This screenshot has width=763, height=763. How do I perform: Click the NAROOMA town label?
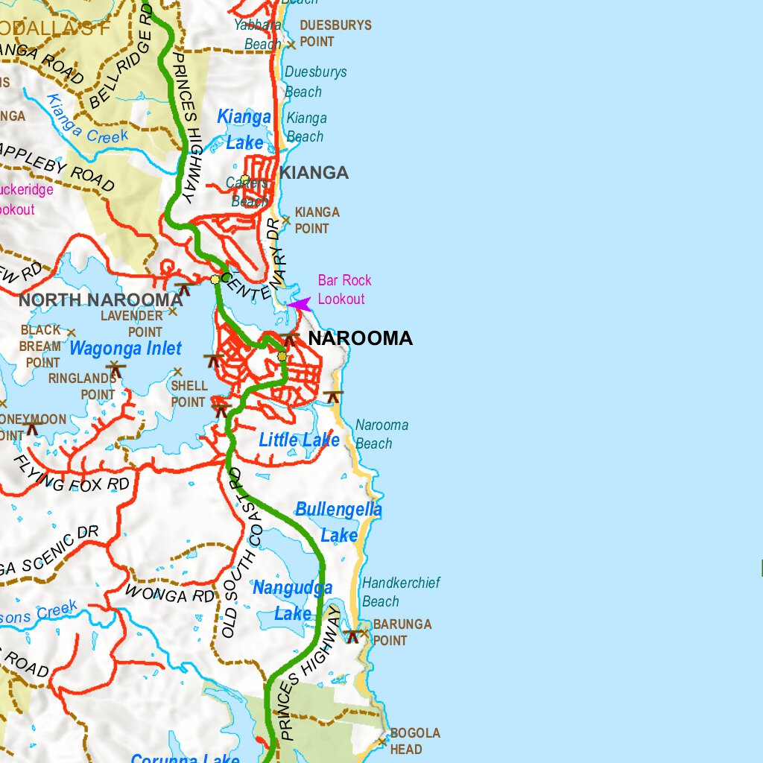coord(360,338)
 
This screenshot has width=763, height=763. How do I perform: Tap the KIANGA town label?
coord(314,173)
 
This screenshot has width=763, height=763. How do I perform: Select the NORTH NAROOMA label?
coord(101,300)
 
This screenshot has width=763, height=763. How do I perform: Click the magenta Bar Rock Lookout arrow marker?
coord(299,304)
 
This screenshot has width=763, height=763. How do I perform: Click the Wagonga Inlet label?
coord(125,349)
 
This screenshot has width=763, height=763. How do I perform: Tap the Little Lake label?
coord(299,440)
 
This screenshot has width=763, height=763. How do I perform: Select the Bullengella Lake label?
coord(338,522)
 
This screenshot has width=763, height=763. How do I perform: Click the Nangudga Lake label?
coord(292,601)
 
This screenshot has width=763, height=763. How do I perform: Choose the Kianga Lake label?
coord(244,130)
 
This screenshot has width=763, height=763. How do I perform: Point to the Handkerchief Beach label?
coord(401,592)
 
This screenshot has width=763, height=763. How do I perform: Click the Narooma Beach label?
coord(381,434)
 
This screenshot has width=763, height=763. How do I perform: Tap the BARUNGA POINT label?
coord(402,632)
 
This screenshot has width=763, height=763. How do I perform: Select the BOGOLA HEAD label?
coord(414,741)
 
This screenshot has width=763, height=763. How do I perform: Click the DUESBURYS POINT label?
coord(335,34)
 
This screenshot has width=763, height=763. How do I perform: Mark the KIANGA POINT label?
coord(316,221)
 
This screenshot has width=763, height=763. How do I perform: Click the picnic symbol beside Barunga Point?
coord(352,636)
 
